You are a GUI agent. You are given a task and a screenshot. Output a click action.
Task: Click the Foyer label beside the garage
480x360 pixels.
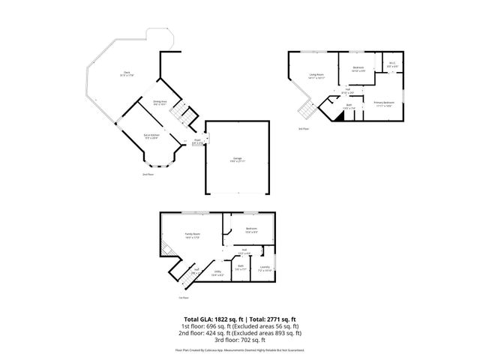197,141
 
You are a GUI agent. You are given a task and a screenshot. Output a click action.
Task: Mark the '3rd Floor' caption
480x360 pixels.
303,129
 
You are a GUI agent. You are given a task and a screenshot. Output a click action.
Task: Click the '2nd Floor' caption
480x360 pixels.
148,175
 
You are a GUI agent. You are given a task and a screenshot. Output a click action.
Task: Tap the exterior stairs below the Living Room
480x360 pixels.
304,111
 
